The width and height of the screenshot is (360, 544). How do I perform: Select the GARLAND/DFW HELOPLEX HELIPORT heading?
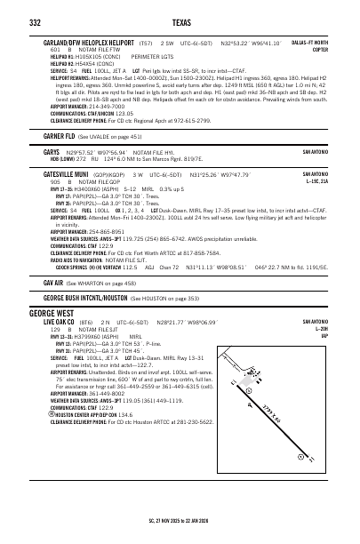(87, 42)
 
